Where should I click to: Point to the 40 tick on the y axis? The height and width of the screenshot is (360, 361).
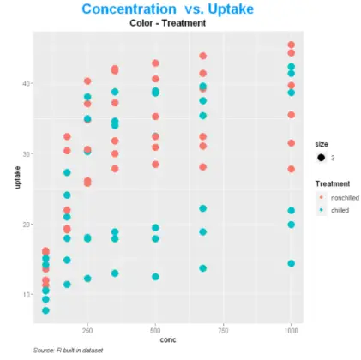[x=27, y=83]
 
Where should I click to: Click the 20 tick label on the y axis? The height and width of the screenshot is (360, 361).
[x=27, y=225]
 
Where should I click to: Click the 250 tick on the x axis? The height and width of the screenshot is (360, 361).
[x=87, y=329]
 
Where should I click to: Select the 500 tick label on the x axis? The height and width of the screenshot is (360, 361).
[x=155, y=329]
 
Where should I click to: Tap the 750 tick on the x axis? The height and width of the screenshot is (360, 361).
[x=223, y=329]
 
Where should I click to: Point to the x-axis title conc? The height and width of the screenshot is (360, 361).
[x=167, y=340]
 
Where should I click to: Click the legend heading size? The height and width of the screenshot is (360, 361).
[x=321, y=145]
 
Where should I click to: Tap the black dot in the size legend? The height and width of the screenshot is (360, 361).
[x=321, y=159]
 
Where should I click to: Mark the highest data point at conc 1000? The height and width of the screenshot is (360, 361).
[x=292, y=45]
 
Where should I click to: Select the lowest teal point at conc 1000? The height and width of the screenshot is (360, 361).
[x=292, y=263]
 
